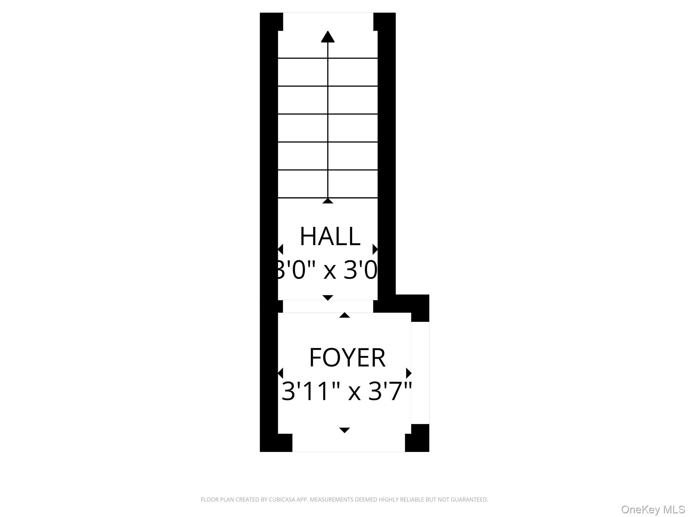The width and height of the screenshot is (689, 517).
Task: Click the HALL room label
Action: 330,236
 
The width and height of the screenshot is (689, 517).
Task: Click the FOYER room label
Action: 347,357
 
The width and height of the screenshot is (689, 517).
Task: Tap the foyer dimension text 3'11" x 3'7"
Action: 347,391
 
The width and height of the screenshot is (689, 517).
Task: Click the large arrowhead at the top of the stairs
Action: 328,37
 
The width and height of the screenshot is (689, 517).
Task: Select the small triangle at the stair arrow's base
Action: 328,201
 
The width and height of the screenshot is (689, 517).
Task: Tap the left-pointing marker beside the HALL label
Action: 281,249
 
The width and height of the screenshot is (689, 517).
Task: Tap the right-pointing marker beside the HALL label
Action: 375,249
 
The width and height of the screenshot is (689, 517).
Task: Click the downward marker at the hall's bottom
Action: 328,297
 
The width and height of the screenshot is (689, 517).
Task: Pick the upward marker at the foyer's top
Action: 344,315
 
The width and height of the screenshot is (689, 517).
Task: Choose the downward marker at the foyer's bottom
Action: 344,430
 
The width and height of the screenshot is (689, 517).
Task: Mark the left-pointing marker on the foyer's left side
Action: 281,373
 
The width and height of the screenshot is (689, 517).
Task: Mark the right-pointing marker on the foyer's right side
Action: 409,373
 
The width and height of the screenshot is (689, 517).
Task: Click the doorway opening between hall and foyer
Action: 328,306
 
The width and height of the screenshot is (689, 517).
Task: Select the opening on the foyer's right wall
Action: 420,373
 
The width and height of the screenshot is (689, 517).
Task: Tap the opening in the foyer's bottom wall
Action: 349,443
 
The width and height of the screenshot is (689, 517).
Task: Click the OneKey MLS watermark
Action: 653,509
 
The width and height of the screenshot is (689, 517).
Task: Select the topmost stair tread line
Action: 328,58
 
